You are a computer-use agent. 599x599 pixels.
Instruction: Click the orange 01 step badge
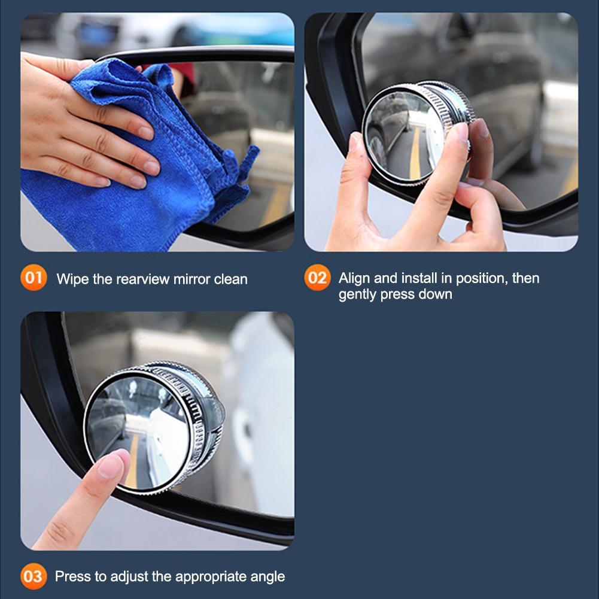(x=34, y=278)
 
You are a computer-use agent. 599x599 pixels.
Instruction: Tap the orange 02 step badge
(x=318, y=278)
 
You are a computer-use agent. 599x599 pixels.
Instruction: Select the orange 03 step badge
(x=34, y=576)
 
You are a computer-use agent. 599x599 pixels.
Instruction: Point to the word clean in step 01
(x=231, y=279)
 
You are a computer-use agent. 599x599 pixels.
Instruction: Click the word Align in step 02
(x=355, y=278)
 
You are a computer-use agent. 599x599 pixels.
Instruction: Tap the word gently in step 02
(x=358, y=294)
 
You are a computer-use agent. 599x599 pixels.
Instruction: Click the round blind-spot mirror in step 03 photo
(x=153, y=428)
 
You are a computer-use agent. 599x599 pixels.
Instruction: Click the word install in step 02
(x=414, y=278)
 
